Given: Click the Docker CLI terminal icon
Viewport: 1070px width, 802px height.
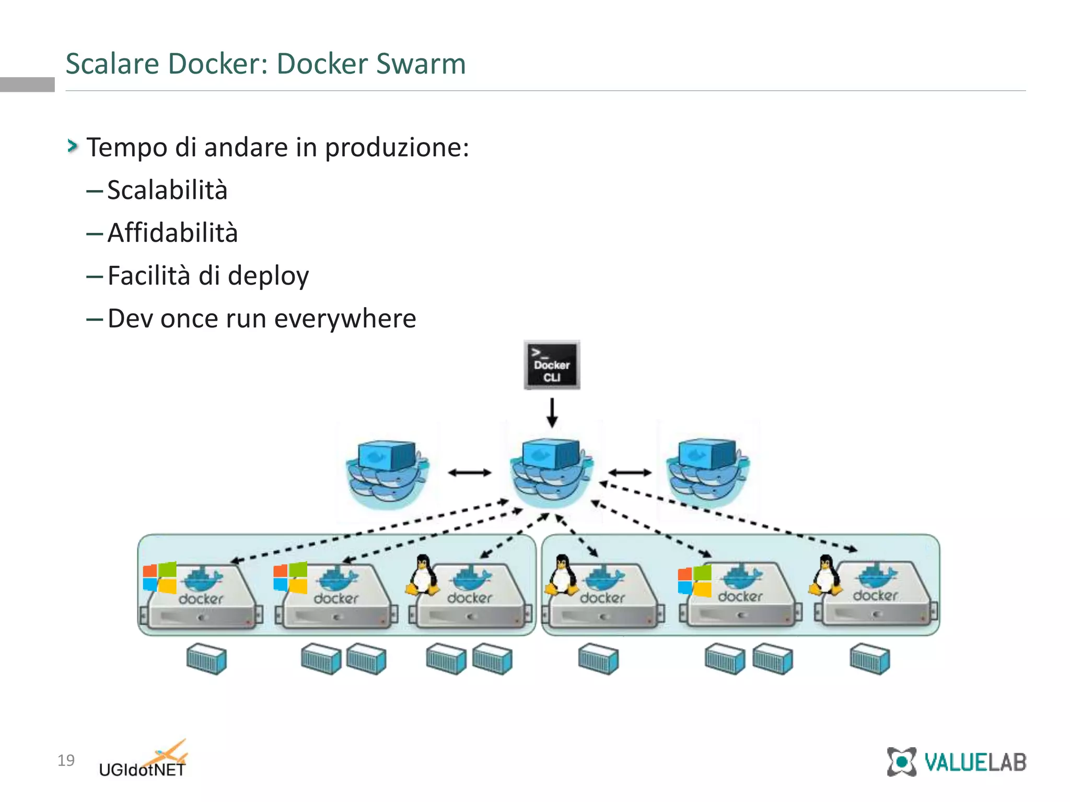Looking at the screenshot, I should pos(552,365).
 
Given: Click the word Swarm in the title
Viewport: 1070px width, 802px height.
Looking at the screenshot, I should pos(421,64).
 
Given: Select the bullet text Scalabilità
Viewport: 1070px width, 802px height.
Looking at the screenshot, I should pos(167,190).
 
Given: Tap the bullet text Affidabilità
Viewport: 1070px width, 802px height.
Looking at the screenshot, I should pos(172,233).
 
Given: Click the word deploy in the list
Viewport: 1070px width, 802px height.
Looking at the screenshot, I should pos(268,276).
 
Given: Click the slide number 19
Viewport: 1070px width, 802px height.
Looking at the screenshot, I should pos(66,760).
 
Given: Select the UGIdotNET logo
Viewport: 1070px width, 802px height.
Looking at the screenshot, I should pos(143,761).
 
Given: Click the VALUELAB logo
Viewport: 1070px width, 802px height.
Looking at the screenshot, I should pos(956,762).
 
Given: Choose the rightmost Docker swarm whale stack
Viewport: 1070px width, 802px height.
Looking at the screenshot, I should pos(707,473).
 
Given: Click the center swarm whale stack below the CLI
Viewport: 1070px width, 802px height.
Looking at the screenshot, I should pos(552,473).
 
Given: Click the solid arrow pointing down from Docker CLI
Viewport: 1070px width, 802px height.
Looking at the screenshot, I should pos(552,412).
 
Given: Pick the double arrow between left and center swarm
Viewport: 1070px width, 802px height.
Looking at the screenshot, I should pos(470,473).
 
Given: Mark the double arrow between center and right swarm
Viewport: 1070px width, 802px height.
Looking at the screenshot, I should pos(630,473).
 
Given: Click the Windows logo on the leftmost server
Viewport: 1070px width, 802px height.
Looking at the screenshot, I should pos(159,577).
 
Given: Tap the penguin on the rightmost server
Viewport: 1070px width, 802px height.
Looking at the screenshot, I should pos(825,575).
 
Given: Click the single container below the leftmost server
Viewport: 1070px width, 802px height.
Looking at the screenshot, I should pos(206,659).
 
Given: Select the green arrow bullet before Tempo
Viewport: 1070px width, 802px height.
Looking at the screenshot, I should pos(72,146).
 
